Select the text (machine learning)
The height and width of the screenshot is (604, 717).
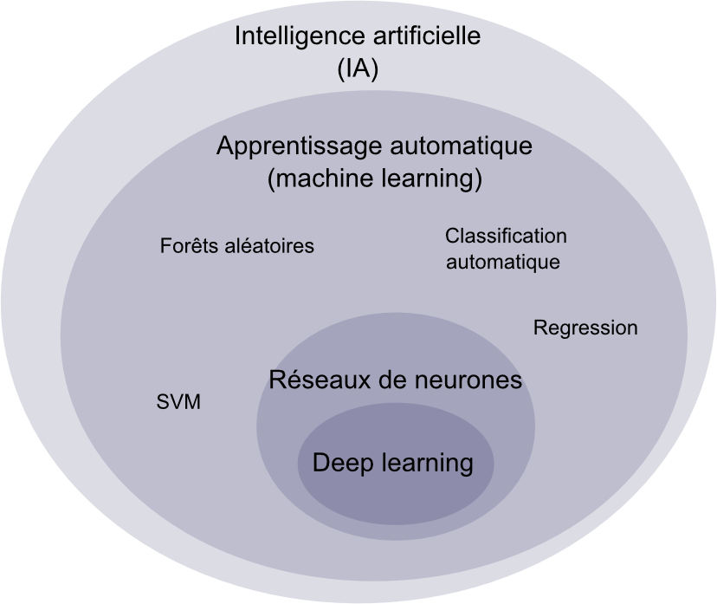374,179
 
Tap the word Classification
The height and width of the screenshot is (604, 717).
506,236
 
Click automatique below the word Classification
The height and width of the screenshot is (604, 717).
502,261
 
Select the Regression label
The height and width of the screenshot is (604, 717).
585,328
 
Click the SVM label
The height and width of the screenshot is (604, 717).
178,403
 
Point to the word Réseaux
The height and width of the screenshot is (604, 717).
317,380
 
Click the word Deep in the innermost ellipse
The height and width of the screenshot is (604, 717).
341,464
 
